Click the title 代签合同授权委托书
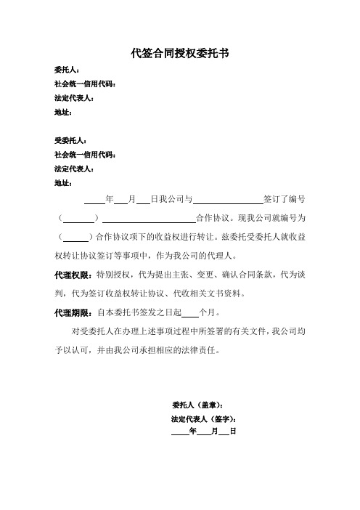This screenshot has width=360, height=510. point(180,52)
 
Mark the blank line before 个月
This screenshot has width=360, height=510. point(189,315)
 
